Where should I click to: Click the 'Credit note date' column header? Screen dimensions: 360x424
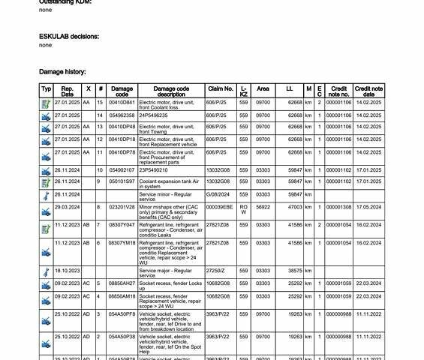[x=368, y=91]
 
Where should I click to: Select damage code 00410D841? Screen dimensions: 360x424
[x=122, y=103]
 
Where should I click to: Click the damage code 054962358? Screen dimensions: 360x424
[x=122, y=115]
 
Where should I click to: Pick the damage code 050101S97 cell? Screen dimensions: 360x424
[x=122, y=181]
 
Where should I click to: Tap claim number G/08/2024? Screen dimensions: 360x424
[x=219, y=194]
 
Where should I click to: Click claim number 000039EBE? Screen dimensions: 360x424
[x=219, y=207]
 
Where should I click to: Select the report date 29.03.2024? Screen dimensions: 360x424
[x=68, y=207]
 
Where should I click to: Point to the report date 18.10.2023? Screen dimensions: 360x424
[x=68, y=271]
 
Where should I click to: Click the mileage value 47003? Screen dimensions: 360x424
[x=294, y=207]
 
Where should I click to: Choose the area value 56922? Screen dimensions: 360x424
[x=263, y=207]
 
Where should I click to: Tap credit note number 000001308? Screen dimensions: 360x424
[x=338, y=207]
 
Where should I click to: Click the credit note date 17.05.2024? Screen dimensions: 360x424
[x=368, y=207]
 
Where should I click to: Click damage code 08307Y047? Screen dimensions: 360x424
[x=122, y=224]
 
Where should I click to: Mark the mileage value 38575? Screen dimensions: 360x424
[x=294, y=271]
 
